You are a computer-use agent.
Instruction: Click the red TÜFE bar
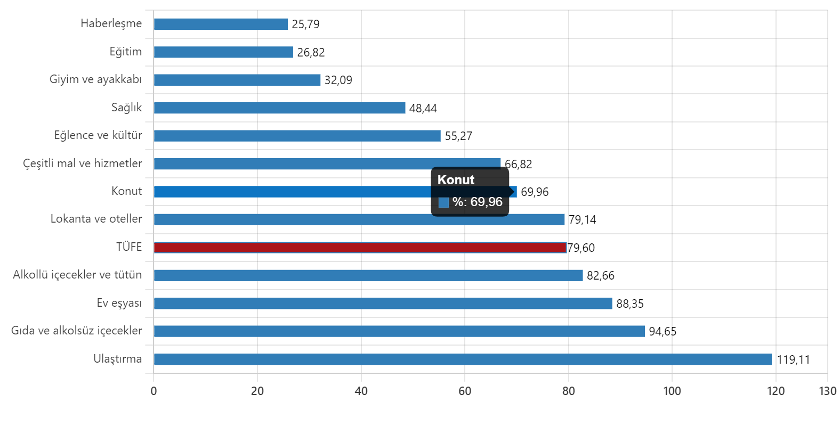click(360, 247)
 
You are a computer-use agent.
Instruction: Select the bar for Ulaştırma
click(463, 359)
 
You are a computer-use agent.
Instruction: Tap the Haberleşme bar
click(221, 24)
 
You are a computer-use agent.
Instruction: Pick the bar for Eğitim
click(223, 52)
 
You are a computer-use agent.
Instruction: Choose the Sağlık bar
click(279, 108)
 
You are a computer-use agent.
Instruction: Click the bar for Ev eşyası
click(383, 304)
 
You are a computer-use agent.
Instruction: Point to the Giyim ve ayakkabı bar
click(237, 80)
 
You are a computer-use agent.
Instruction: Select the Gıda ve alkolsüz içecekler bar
click(399, 331)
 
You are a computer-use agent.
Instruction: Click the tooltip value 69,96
click(486, 202)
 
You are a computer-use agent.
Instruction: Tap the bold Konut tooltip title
click(456, 180)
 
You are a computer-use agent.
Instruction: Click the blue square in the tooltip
click(443, 202)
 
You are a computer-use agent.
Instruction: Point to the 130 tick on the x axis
click(827, 391)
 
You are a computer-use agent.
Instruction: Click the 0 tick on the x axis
click(154, 391)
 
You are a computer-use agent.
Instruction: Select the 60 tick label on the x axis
click(464, 391)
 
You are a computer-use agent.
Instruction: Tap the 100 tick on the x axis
click(672, 391)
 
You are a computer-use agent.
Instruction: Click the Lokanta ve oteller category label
click(96, 219)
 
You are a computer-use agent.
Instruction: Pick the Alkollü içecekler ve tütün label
click(77, 275)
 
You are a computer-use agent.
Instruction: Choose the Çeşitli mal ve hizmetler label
click(82, 163)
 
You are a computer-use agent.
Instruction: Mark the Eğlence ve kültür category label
click(98, 135)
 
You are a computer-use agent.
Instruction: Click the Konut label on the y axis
click(126, 191)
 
